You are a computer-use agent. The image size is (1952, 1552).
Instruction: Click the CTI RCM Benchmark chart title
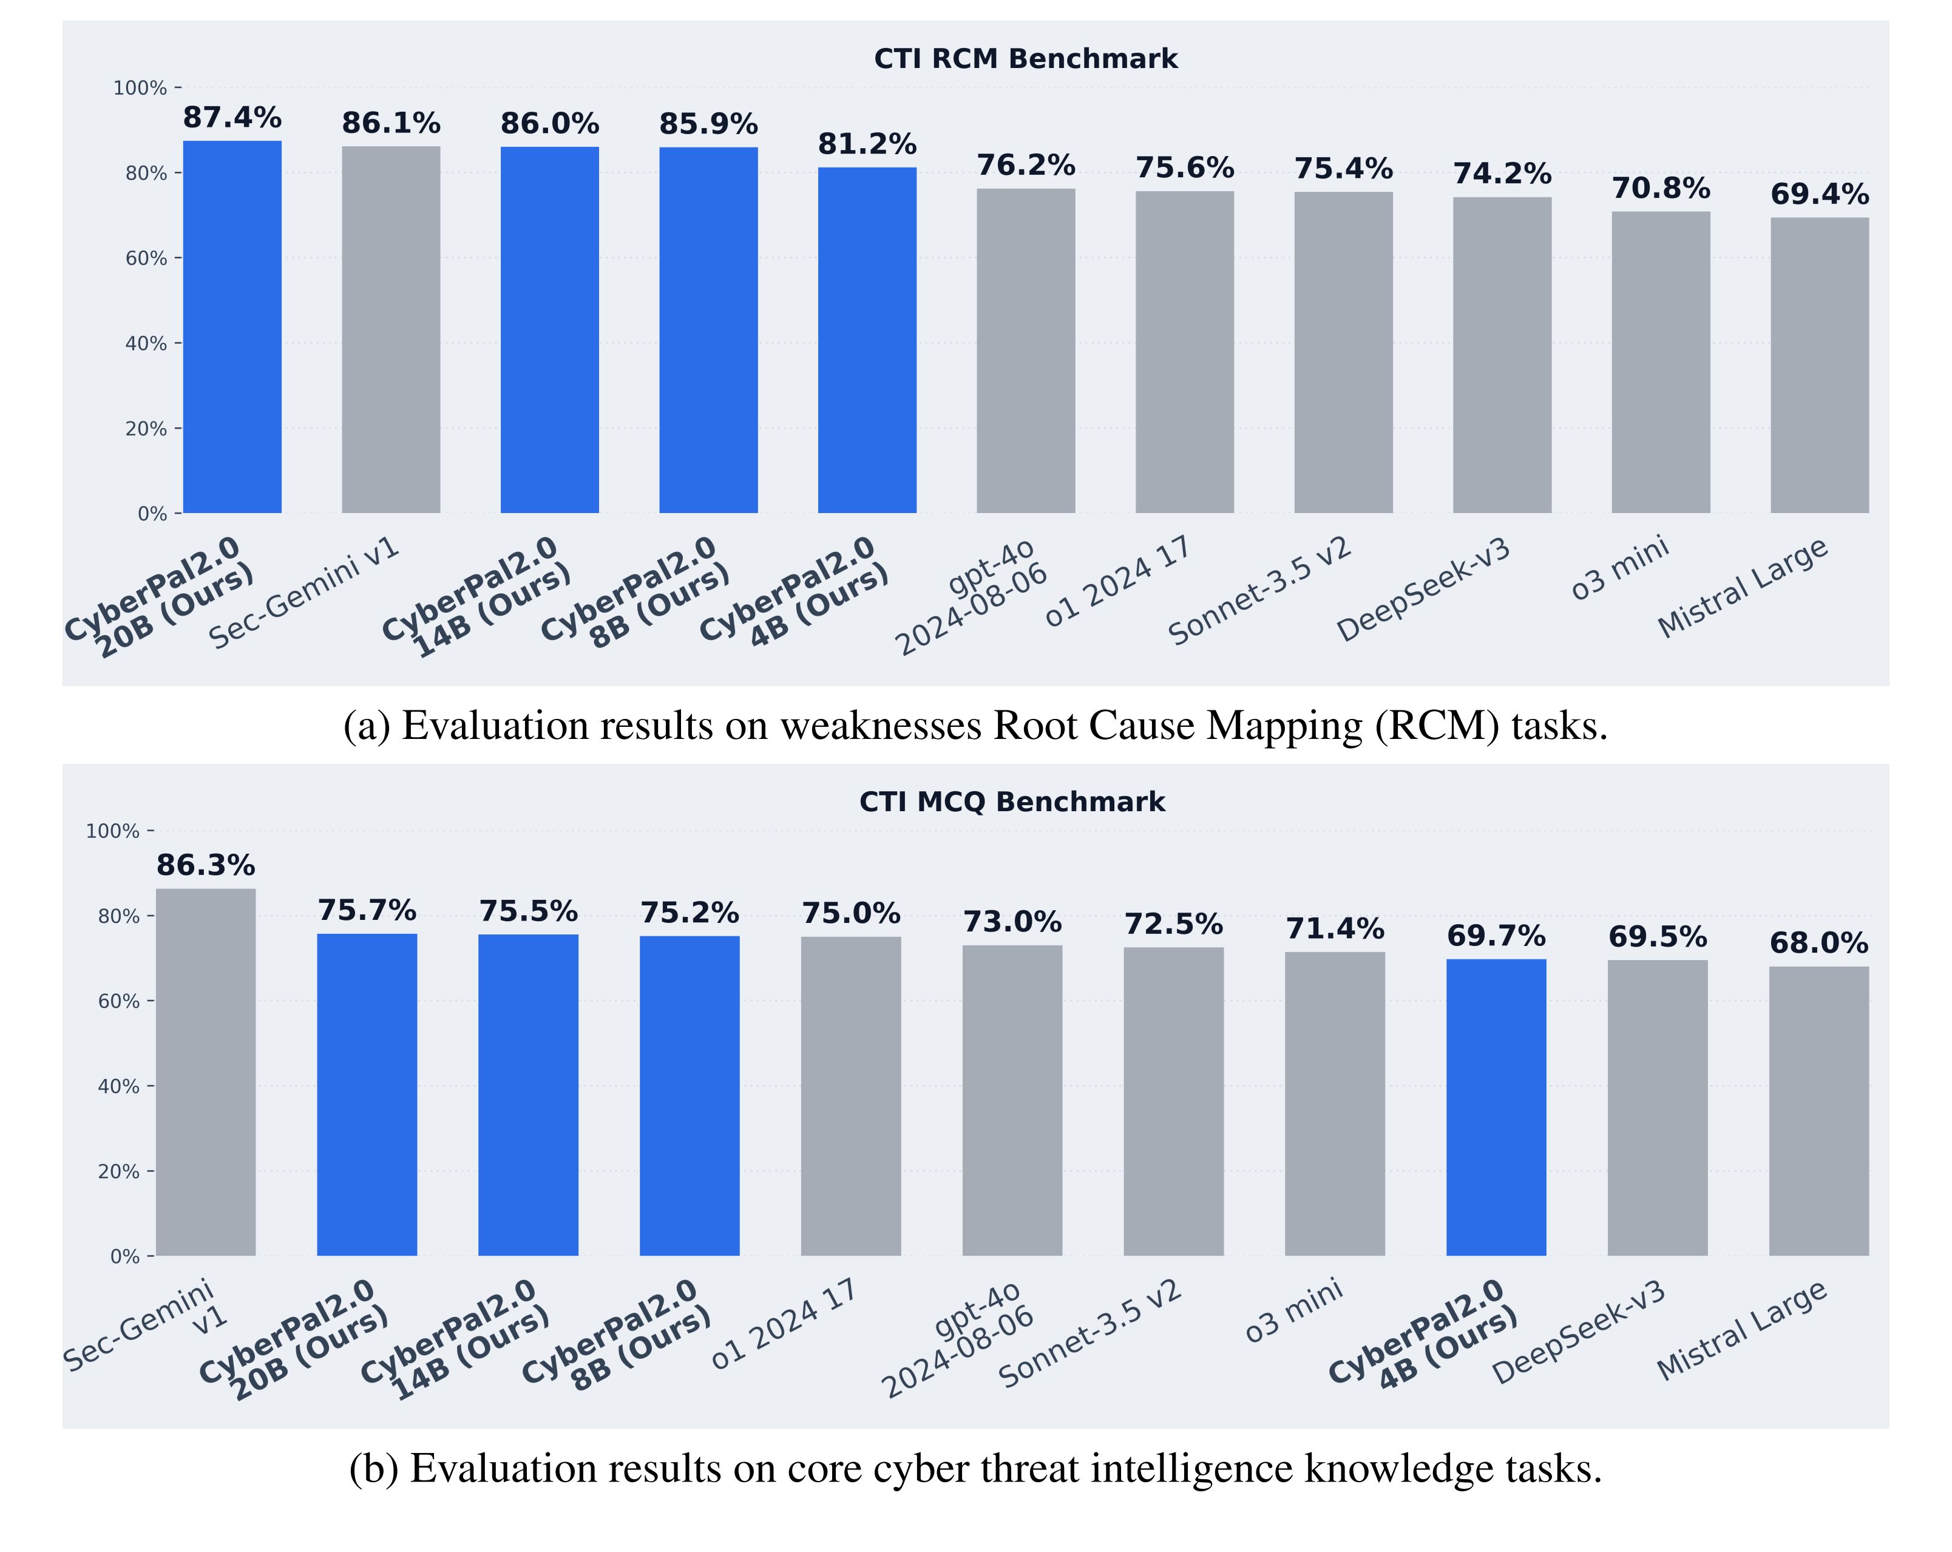pos(1025,59)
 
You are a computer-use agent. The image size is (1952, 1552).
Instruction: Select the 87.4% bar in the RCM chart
pos(232,326)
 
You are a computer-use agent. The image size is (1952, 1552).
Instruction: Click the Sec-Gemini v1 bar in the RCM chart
pos(390,330)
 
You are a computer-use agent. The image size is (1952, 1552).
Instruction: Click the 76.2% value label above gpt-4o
pos(1025,166)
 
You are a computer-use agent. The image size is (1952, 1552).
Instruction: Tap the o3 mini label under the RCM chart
pos(1621,569)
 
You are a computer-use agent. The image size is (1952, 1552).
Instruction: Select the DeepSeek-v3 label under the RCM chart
pos(1424,590)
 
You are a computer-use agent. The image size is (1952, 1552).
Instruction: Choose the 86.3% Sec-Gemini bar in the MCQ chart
pos(206,1072)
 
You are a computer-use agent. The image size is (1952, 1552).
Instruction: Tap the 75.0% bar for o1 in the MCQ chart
pos(850,1095)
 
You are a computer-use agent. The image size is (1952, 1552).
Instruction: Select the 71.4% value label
pos(1335,929)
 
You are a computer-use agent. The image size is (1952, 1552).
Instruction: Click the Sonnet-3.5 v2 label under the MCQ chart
pos(1090,1334)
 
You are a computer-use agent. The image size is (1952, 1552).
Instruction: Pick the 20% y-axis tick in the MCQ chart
pos(118,1172)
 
